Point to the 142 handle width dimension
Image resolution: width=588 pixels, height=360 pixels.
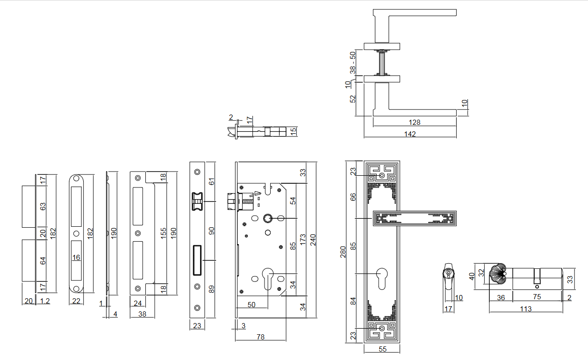coord(410,134)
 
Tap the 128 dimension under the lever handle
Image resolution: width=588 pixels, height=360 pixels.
coord(414,122)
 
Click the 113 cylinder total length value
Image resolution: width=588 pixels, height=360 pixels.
coord(525,309)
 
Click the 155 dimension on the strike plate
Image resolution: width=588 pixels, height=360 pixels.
coord(163,233)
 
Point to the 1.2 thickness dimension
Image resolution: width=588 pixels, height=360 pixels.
coord(44,301)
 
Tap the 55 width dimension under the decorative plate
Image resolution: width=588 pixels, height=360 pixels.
coord(382,349)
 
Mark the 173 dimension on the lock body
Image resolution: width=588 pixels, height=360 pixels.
coord(303,239)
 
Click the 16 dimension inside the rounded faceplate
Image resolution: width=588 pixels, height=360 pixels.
coord(76,258)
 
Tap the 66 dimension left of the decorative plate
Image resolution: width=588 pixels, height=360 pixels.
coord(354,197)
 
